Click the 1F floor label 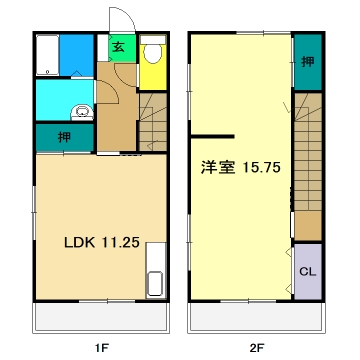click(100, 347)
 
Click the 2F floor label click(257, 347)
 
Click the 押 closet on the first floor click(63, 136)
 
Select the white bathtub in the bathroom click(45, 58)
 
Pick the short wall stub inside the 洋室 click(213, 134)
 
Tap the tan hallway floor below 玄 click(118, 105)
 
